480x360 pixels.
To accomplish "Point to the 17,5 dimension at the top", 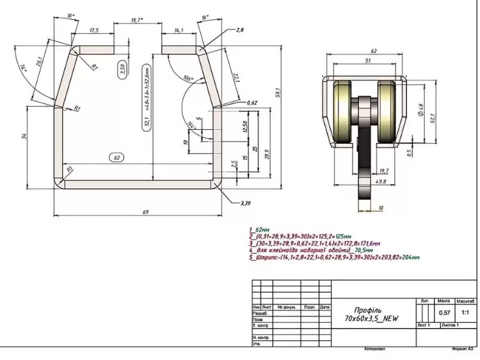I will coord(94,30).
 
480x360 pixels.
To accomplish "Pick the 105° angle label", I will coord(188,79).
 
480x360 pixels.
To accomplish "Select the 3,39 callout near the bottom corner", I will coord(245,203).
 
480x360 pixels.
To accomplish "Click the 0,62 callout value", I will coord(252,102).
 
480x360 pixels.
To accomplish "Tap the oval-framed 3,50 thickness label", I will coord(122,70).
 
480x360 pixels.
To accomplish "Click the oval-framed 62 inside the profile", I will coord(116,157).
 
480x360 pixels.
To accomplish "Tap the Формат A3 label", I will coord(462,349).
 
